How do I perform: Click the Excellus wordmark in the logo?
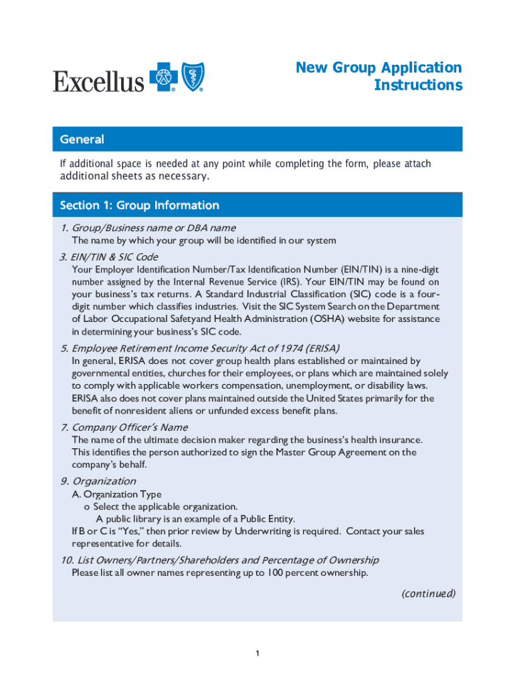point(99,81)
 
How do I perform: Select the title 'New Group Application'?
point(379,67)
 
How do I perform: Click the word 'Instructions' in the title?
point(418,85)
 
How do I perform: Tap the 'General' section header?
point(82,140)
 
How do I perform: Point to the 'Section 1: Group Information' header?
point(139,205)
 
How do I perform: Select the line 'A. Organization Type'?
point(116,494)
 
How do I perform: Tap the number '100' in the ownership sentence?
point(275,572)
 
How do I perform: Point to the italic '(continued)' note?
point(428,593)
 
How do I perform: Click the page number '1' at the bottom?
point(257,653)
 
